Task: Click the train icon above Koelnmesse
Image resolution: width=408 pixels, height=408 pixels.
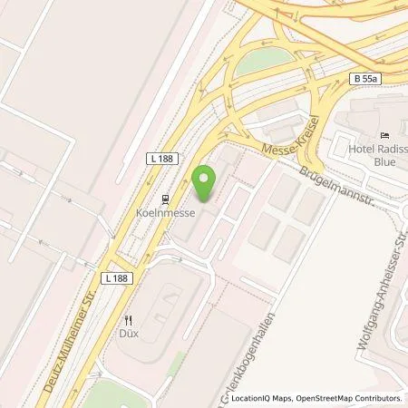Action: (165, 199)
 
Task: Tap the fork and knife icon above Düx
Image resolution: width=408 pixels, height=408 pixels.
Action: (129, 319)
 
